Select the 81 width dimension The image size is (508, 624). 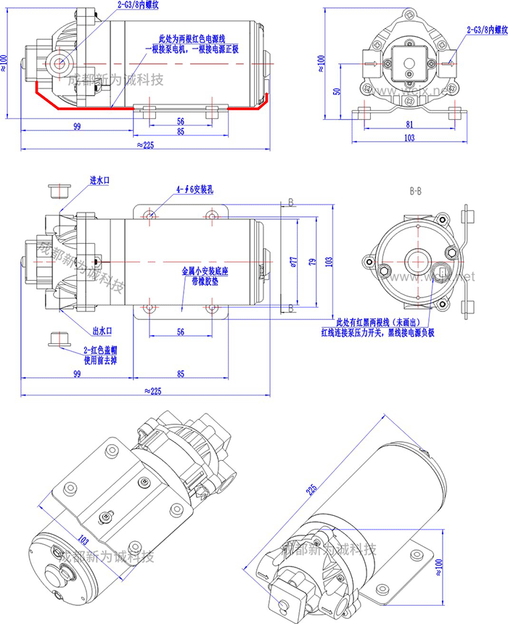409,124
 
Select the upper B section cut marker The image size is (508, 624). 290,202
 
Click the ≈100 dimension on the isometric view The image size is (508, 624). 438,565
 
